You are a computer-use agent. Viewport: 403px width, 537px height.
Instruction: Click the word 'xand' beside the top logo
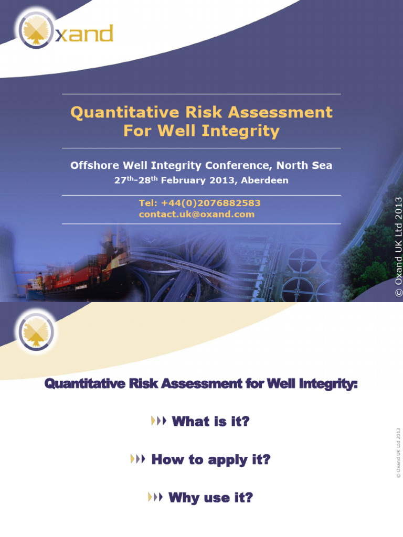pyautogui.click(x=84, y=34)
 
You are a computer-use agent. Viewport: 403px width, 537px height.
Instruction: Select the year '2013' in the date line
pyautogui.click(x=226, y=180)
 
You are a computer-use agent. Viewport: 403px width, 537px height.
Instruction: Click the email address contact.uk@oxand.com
pyautogui.click(x=196, y=214)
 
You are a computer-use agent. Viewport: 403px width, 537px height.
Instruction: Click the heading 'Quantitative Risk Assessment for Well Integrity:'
pyautogui.click(x=201, y=384)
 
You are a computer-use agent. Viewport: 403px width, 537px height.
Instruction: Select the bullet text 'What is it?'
pyautogui.click(x=210, y=421)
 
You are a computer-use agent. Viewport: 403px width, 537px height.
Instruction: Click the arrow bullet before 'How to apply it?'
pyautogui.click(x=137, y=460)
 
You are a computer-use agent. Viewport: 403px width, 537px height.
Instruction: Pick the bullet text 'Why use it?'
pyautogui.click(x=210, y=498)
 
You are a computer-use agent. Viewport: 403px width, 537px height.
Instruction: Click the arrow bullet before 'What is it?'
pyautogui.click(x=158, y=421)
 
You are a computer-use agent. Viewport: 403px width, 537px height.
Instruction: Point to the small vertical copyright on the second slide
pyautogui.click(x=398, y=452)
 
